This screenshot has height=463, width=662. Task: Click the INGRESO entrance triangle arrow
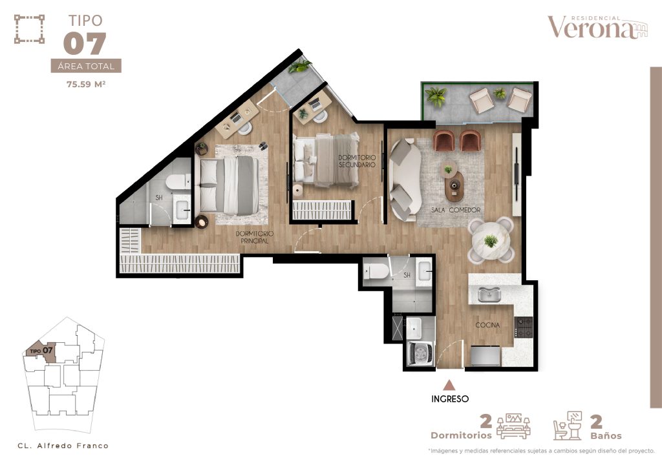[x=449, y=385]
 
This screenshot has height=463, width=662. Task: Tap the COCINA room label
[x=487, y=325]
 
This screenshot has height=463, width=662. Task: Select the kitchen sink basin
[x=489, y=294]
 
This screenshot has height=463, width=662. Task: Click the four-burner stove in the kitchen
[x=524, y=327]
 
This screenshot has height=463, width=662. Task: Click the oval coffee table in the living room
[x=454, y=185]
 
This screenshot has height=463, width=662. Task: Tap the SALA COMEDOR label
[x=456, y=210]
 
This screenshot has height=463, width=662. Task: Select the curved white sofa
[x=405, y=180]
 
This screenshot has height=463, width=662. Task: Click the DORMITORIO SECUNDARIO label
[x=357, y=161]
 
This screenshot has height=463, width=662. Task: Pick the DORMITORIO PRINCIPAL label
[x=255, y=237]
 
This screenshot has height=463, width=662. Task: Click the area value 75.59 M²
[x=86, y=84]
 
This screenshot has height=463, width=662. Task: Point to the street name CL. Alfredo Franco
[x=63, y=446]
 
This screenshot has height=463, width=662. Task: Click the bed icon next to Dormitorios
[x=513, y=426]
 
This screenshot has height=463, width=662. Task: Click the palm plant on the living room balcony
[x=436, y=97]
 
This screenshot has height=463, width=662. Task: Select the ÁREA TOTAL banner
[x=86, y=66]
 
